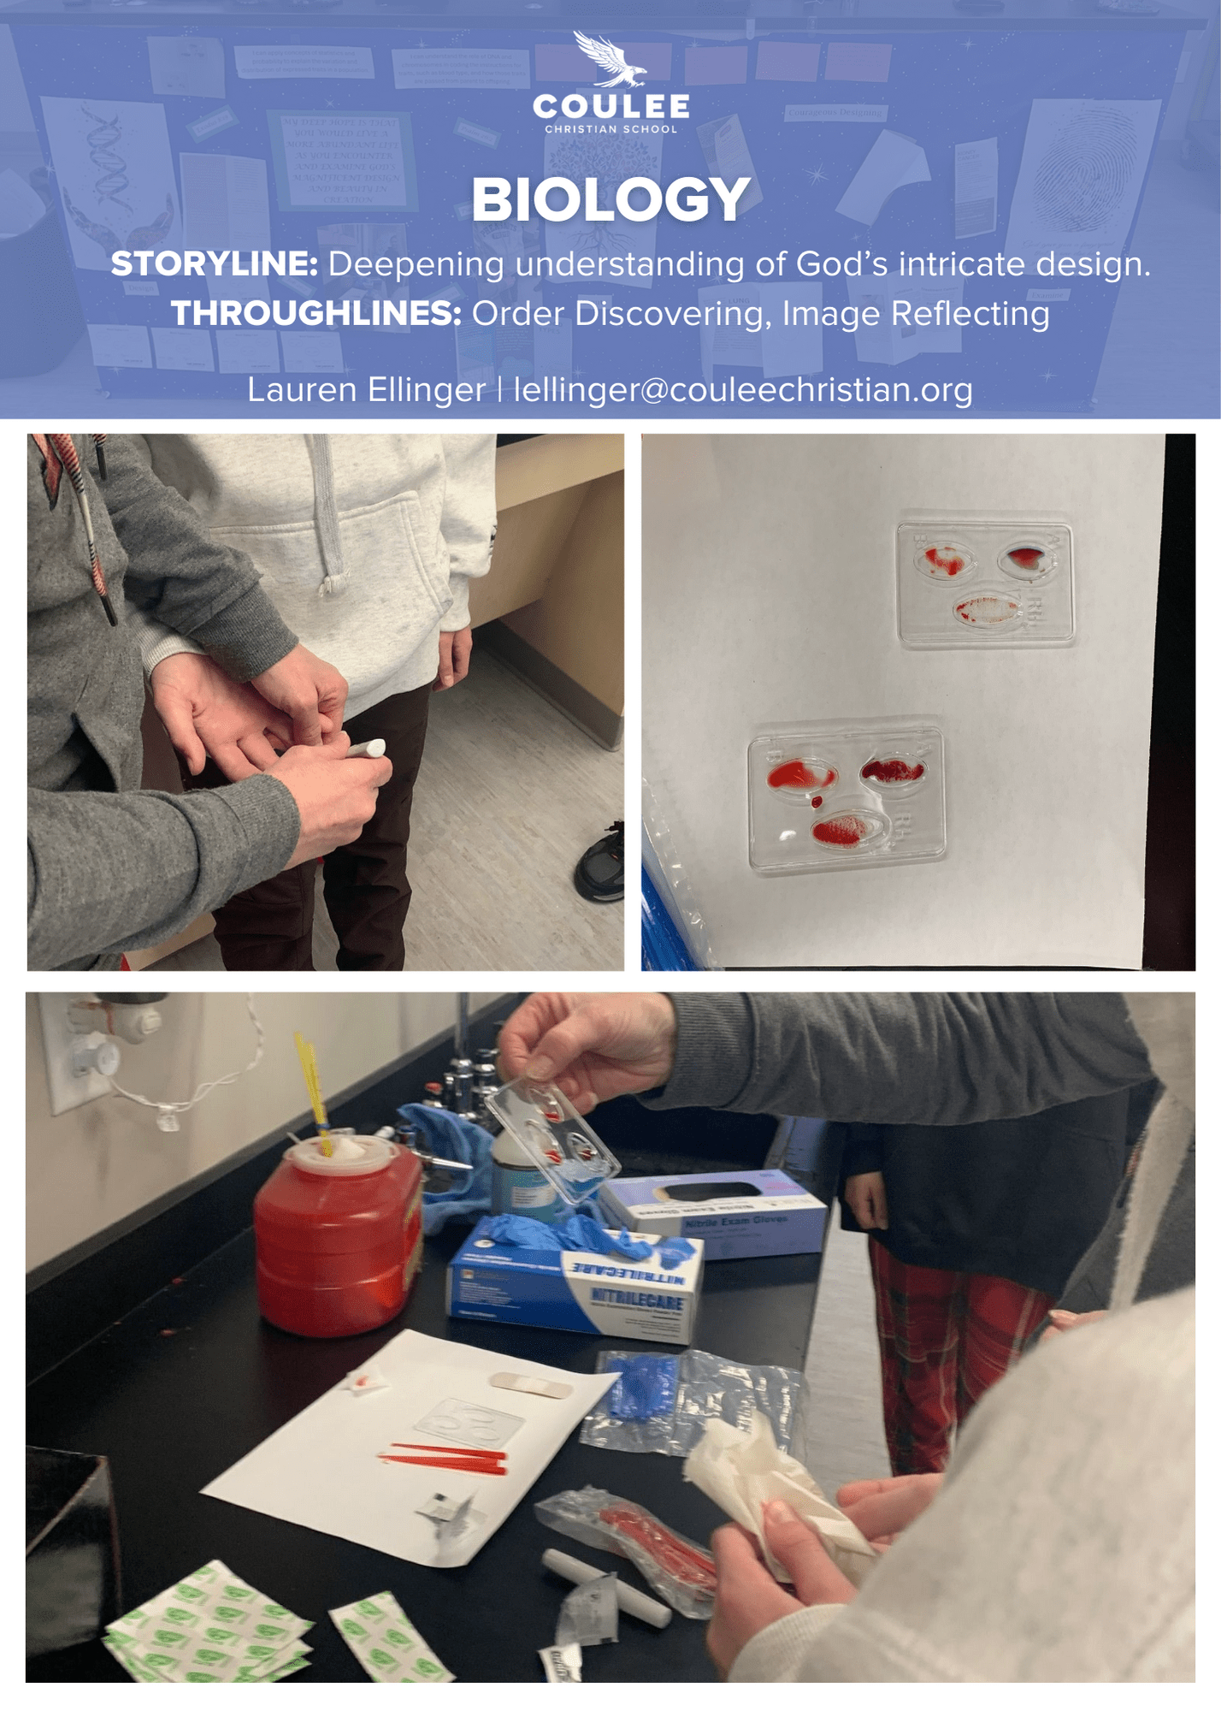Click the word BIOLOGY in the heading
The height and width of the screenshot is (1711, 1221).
tap(610, 200)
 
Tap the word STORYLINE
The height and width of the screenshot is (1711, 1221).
tap(214, 264)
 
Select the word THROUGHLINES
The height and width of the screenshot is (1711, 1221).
tap(316, 314)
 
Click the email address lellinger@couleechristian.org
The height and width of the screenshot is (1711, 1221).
tap(742, 390)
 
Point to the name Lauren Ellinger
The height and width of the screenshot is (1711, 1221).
tap(366, 390)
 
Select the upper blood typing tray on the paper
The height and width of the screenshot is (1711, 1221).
tap(985, 583)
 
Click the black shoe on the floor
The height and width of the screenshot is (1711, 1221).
tap(600, 864)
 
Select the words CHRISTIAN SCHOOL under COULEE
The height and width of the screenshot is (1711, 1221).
tap(610, 129)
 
